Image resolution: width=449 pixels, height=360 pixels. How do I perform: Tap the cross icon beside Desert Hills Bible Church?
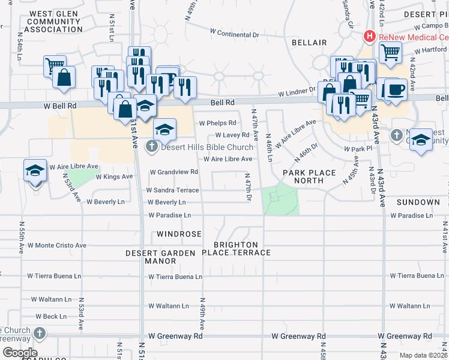pyautogui.click(x=152, y=146)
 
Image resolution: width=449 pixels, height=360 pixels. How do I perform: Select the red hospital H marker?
pyautogui.click(x=370, y=37)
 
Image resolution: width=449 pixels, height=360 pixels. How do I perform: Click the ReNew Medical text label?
pyautogui.click(x=413, y=37)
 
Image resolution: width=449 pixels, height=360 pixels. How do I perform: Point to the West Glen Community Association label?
pyautogui.click(x=55, y=22)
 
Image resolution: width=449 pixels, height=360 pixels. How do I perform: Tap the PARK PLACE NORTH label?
pyautogui.click(x=309, y=177)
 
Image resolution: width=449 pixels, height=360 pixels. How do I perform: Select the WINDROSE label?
pyautogui.click(x=179, y=233)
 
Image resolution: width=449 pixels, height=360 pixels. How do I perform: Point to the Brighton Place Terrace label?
pyautogui.click(x=238, y=249)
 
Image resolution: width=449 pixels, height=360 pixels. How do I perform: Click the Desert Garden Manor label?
pyautogui.click(x=160, y=257)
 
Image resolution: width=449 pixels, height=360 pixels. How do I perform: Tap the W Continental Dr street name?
pyautogui.click(x=234, y=34)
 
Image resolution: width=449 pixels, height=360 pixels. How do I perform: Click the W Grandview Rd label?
pyautogui.click(x=173, y=172)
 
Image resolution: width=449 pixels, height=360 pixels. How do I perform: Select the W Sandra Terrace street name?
pyautogui.click(x=173, y=190)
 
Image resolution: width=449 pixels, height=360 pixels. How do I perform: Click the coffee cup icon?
pyautogui.click(x=395, y=89)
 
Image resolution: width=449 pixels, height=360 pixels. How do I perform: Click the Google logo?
pyautogui.click(x=20, y=353)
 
